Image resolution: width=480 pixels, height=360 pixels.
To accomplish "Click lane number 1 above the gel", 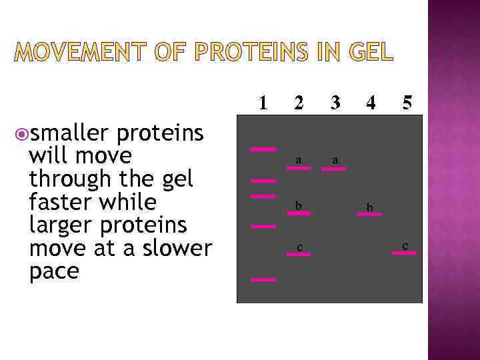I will pyautogui.click(x=264, y=103).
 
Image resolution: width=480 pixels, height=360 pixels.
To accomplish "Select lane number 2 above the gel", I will pyautogui.click(x=299, y=103).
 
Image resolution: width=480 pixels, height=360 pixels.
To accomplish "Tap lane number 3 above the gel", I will pyautogui.click(x=335, y=103).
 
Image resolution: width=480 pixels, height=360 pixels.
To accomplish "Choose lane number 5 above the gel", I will pyautogui.click(x=407, y=103).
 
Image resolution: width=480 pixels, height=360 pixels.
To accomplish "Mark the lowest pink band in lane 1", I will pyautogui.click(x=263, y=280).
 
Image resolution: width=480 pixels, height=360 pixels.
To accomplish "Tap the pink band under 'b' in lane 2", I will pyautogui.click(x=298, y=213).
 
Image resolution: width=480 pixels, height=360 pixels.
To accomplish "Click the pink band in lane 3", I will pyautogui.click(x=333, y=169).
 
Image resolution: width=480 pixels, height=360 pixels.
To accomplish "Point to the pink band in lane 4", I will pyautogui.click(x=369, y=215).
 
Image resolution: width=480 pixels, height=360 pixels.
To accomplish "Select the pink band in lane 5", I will pyautogui.click(x=404, y=253).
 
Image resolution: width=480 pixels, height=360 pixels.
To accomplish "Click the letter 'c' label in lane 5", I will pyautogui.click(x=405, y=246).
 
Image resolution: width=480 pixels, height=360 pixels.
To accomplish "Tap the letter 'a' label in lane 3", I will pyautogui.click(x=335, y=160).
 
